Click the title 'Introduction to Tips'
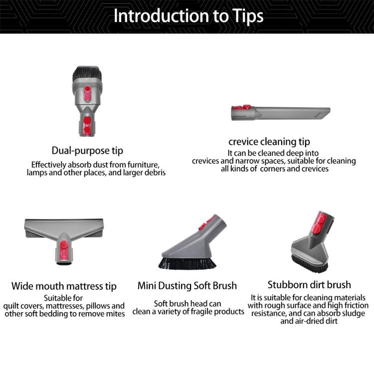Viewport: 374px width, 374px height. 188,16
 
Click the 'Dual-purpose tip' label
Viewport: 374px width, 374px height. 87,151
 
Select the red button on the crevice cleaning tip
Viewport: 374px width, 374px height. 241,107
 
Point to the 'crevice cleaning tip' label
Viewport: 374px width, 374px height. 269,142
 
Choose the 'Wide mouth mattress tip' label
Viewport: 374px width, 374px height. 64,286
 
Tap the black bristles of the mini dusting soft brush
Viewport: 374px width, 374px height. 187,263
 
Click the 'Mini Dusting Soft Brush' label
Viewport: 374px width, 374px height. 187,286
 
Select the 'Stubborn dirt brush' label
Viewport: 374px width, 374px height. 309,285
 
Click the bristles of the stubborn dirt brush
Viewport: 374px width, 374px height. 309,264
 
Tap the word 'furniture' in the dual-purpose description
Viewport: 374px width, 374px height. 143,165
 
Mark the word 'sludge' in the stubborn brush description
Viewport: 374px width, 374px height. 354,313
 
